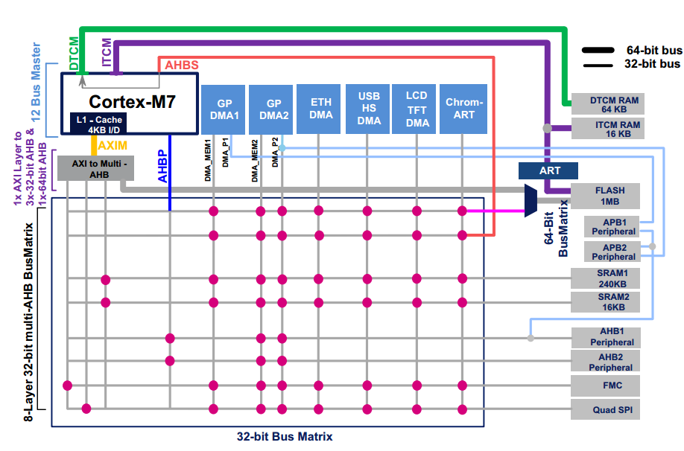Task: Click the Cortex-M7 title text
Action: (x=132, y=102)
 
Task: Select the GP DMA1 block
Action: (x=223, y=110)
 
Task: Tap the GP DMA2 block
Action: (x=271, y=110)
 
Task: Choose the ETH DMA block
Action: (x=318, y=109)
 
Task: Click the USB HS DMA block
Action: (x=367, y=109)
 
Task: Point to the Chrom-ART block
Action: (x=463, y=109)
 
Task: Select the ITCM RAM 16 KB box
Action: (x=608, y=129)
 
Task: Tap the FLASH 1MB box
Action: (x=606, y=196)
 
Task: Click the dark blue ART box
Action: (x=548, y=171)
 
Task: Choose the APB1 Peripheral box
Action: (x=612, y=226)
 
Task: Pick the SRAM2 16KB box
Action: (x=606, y=302)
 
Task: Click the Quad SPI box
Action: (x=606, y=409)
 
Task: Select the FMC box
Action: (x=606, y=386)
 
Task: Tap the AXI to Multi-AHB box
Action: (x=96, y=169)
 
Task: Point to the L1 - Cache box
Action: (x=99, y=124)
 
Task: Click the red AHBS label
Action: (x=182, y=65)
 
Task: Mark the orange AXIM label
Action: (x=113, y=146)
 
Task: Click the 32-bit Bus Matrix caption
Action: (x=285, y=437)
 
